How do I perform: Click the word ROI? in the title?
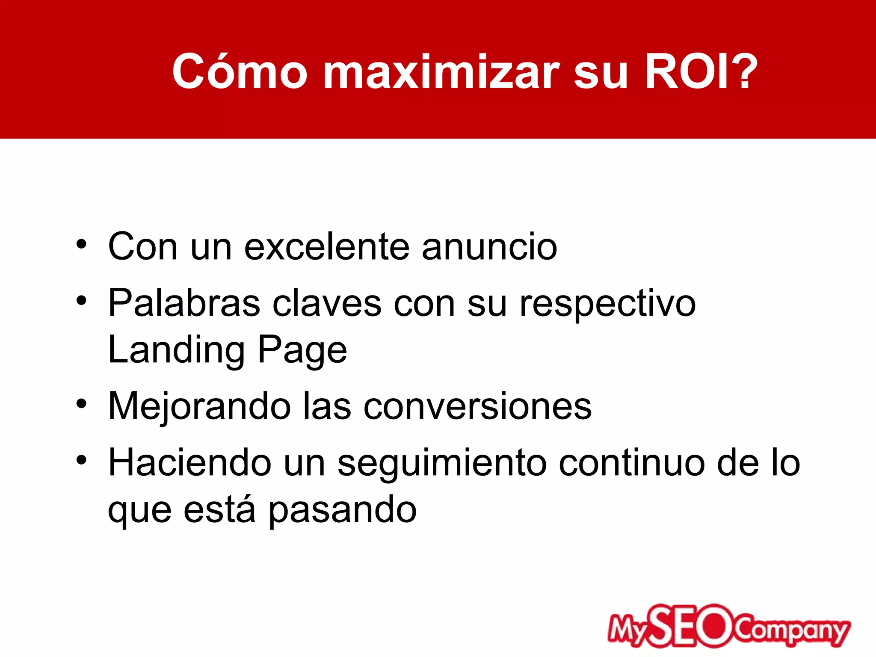(701, 72)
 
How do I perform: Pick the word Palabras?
(184, 303)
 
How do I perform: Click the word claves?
(327, 303)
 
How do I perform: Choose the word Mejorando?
(199, 406)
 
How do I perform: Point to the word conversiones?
(477, 406)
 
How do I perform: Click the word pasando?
(343, 511)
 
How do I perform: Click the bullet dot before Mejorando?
(81, 404)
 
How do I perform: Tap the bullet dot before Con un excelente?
(81, 245)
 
